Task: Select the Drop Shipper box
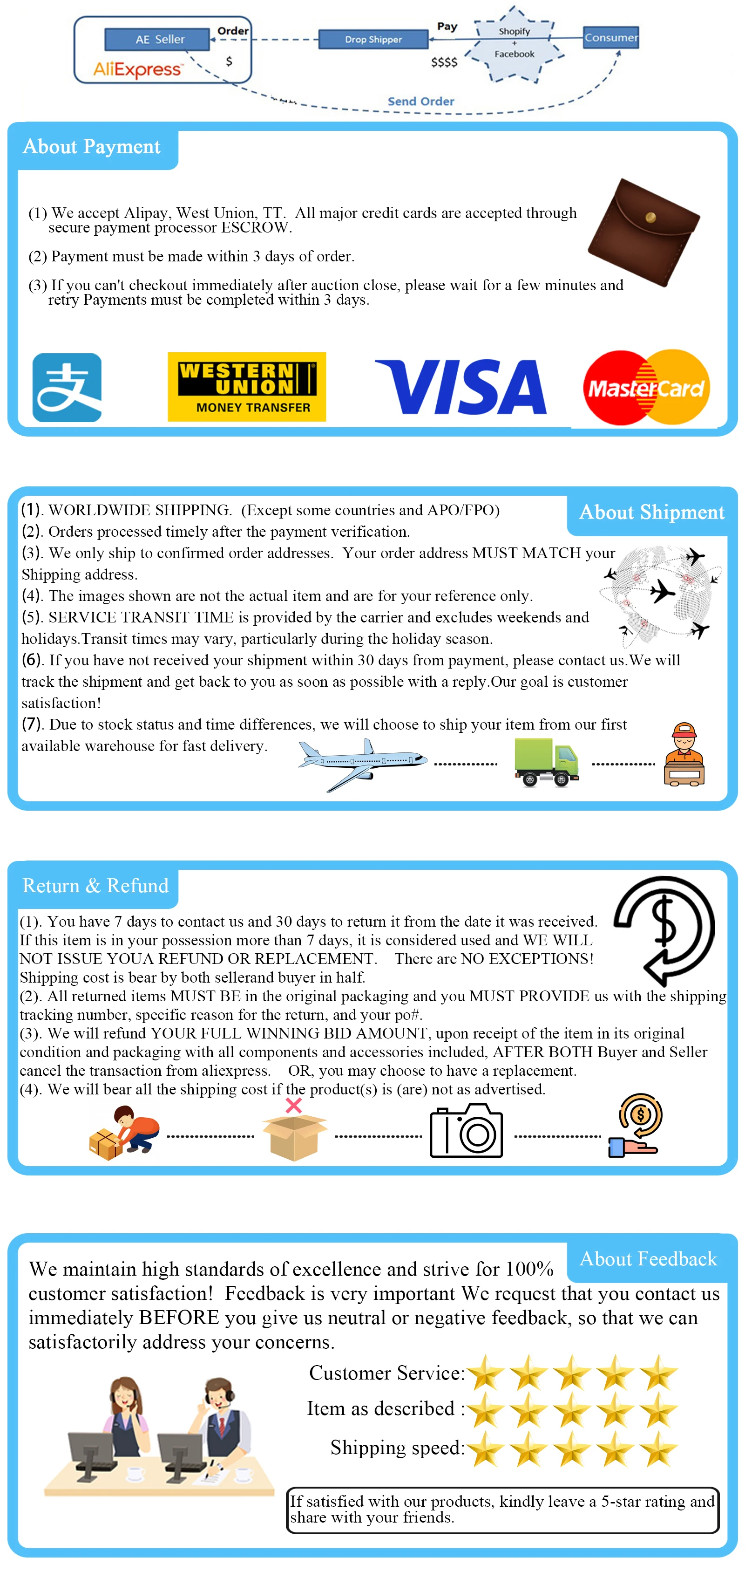pos(373,40)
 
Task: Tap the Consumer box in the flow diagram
pos(610,37)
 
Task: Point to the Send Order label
pos(420,101)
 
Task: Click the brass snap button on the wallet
pos(651,217)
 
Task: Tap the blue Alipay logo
pos(67,387)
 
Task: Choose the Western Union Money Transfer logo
pos(247,387)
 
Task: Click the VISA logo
pos(461,387)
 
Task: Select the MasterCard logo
pos(646,387)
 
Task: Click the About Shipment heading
pos(651,512)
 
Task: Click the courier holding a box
pos(684,755)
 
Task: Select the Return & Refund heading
pos(95,885)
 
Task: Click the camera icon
pos(467,1131)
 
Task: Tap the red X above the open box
pos(294,1105)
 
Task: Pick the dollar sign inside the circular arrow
pos(664,922)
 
